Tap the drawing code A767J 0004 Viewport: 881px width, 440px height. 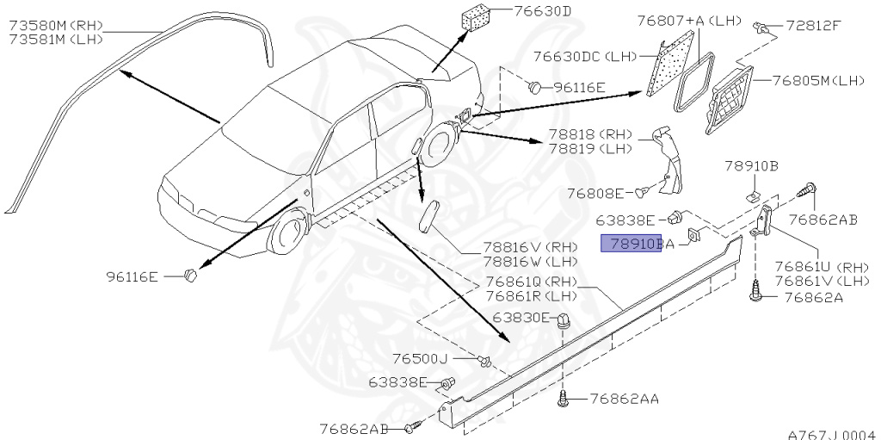831,434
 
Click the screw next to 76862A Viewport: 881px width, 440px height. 756,294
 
